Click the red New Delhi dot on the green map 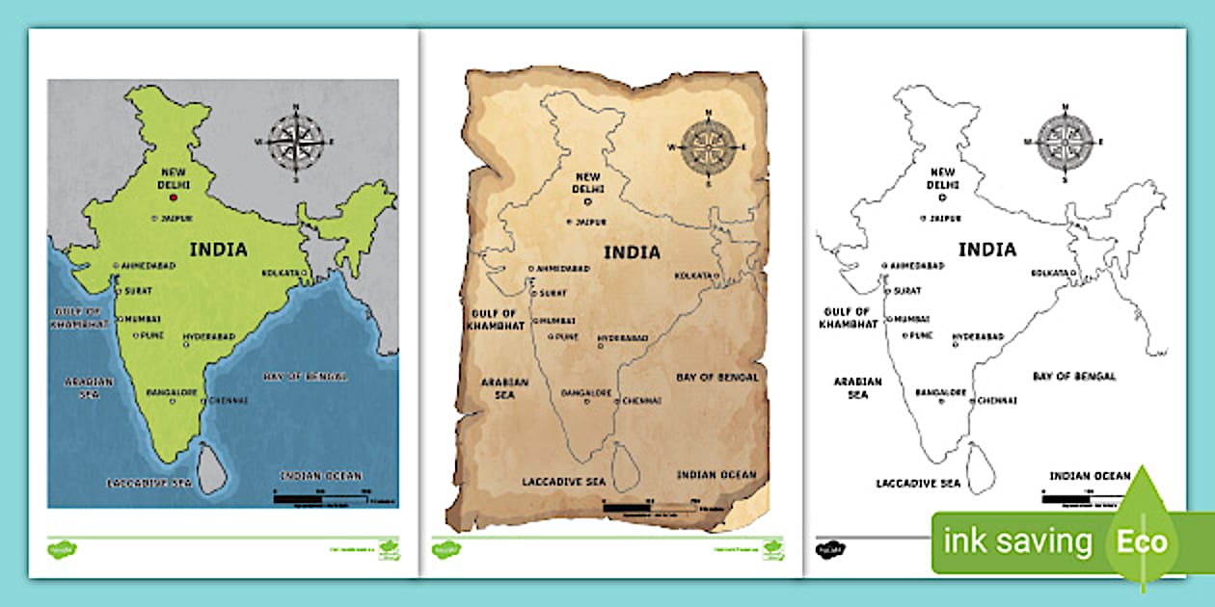pyautogui.click(x=174, y=198)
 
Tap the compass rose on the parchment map pyautogui.click(x=709, y=147)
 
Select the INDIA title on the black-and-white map pyautogui.click(x=987, y=250)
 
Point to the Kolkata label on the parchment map pyautogui.click(x=693, y=276)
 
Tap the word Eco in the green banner pyautogui.click(x=1143, y=541)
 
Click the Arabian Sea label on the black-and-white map pyautogui.click(x=858, y=387)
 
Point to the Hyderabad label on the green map pyautogui.click(x=210, y=339)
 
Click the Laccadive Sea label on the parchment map pyautogui.click(x=564, y=481)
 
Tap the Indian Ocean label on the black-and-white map pyautogui.click(x=1090, y=475)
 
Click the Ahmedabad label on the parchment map pyautogui.click(x=561, y=269)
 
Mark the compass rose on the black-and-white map pyautogui.click(x=1065, y=142)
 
